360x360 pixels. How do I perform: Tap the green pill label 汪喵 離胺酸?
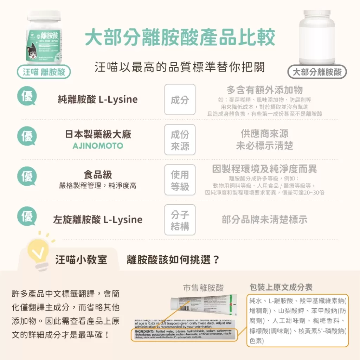click(x=44, y=72)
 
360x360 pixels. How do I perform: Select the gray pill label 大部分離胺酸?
click(x=317, y=72)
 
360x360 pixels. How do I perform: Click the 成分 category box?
click(x=180, y=100)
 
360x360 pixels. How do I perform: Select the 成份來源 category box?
click(x=180, y=140)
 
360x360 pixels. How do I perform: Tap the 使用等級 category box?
click(x=180, y=180)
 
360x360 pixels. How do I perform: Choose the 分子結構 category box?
click(x=180, y=220)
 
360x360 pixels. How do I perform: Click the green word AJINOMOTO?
click(x=98, y=146)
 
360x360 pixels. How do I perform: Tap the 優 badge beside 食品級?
click(x=27, y=176)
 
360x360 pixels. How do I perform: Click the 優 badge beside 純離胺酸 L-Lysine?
click(x=27, y=96)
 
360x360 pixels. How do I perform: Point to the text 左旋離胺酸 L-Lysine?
click(x=98, y=220)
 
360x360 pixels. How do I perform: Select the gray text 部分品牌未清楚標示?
click(x=264, y=220)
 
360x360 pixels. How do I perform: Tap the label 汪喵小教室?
click(x=81, y=260)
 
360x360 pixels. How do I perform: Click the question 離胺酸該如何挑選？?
click(x=173, y=260)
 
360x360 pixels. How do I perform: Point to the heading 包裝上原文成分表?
click(x=281, y=287)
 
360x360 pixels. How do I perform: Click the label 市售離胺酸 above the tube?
click(x=203, y=288)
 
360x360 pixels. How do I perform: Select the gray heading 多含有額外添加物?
click(x=264, y=90)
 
